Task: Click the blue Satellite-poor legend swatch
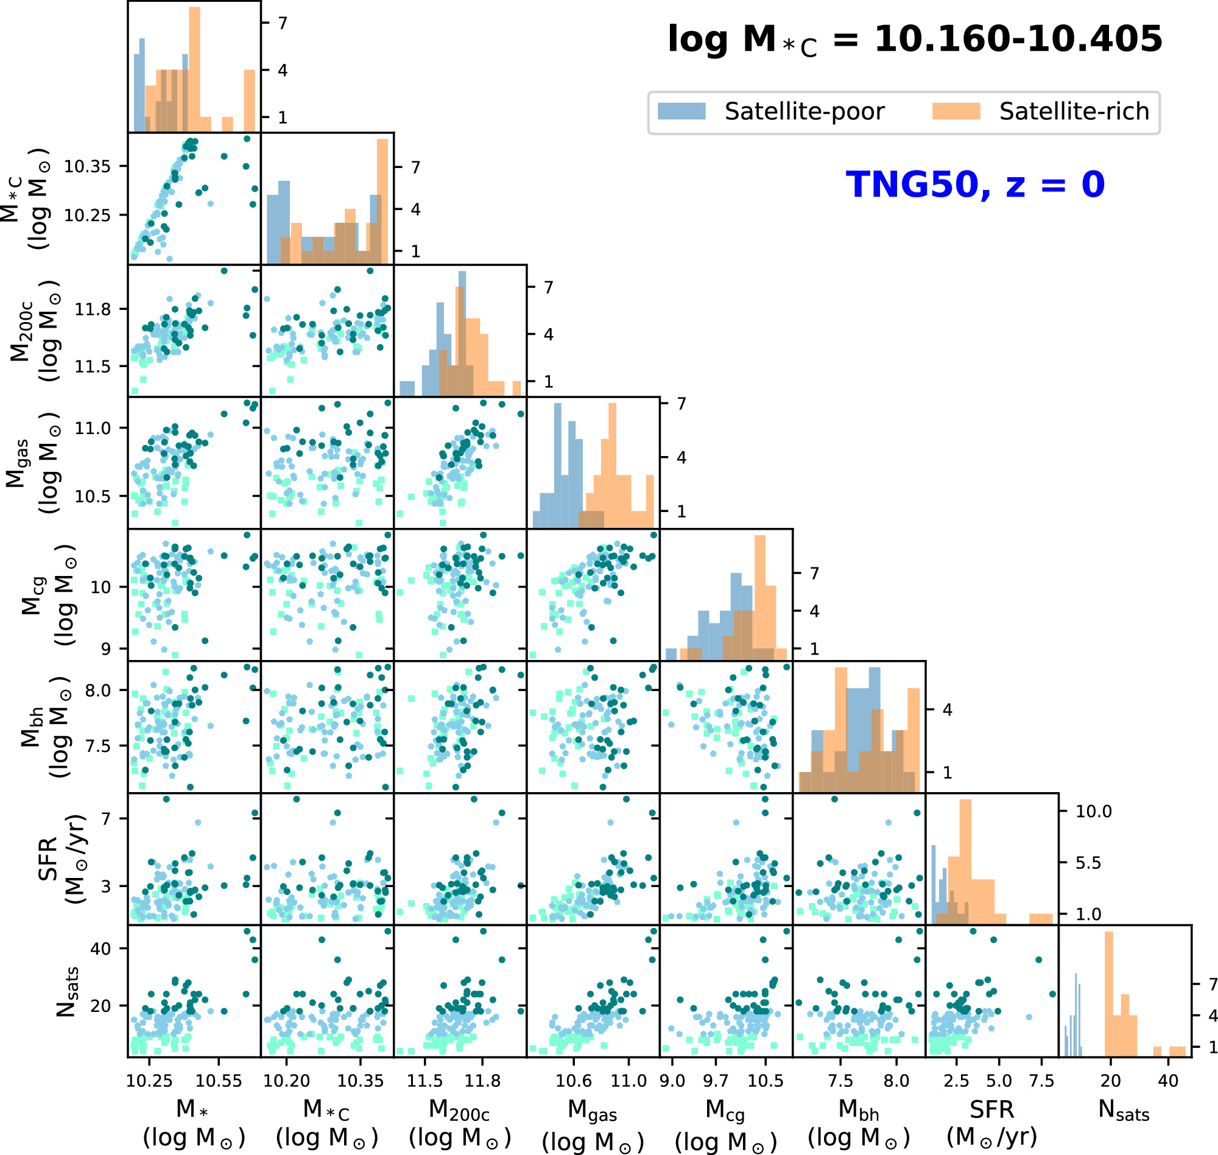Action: [681, 111]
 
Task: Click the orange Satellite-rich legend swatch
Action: [956, 111]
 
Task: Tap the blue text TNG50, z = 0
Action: [976, 184]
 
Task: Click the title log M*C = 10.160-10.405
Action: [915, 40]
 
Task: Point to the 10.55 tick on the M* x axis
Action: [218, 1081]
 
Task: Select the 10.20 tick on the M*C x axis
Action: [286, 1081]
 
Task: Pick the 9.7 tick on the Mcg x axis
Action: [716, 1081]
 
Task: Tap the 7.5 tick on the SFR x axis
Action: [1042, 1081]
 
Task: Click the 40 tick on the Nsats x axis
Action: [1168, 1081]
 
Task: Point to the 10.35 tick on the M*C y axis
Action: [87, 166]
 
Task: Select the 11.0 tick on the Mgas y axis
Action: [93, 428]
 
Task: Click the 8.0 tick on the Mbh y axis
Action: [97, 690]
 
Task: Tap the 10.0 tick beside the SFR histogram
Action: [1094, 812]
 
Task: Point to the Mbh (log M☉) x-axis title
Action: [859, 1123]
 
